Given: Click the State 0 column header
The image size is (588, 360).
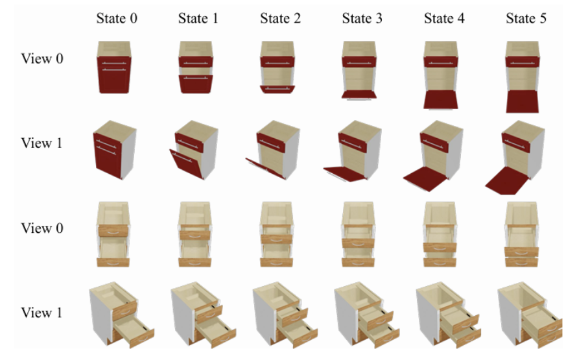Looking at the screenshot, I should tap(117, 18).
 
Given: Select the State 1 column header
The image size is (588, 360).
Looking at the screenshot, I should tap(198, 18).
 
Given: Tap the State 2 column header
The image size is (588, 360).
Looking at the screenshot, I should tap(280, 18).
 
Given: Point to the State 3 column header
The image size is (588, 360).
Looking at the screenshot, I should tap(362, 18).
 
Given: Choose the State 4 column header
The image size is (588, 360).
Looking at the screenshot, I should tap(444, 18).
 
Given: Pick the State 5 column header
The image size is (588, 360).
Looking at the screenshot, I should tap(526, 18).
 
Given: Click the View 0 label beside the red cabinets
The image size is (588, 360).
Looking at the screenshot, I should tap(41, 59).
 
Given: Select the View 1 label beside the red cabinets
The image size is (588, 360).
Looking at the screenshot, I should tap(41, 143).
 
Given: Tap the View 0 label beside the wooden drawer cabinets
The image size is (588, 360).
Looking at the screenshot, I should tap(41, 228).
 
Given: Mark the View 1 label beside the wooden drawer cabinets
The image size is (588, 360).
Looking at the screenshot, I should tap(41, 313).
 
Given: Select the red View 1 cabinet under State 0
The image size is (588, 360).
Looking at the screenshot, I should tap(115, 149).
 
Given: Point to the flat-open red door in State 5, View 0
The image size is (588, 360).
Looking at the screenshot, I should tap(526, 101).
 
